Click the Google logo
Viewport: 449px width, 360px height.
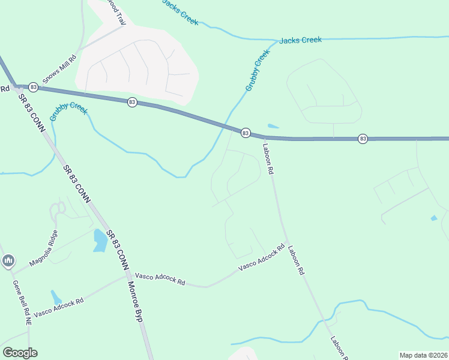click(20, 353)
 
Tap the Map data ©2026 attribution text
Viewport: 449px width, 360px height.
click(423, 355)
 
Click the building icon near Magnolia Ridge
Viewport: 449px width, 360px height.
click(8, 260)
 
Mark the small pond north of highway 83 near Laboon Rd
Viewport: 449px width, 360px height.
click(273, 126)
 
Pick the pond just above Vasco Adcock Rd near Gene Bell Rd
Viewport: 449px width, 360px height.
click(56, 297)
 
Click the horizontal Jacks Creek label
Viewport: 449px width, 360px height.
click(300, 40)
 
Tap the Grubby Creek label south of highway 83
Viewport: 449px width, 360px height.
click(68, 112)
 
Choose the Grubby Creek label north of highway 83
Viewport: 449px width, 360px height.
click(258, 71)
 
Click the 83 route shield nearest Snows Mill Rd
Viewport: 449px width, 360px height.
click(34, 87)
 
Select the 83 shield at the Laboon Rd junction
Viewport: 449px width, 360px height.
click(246, 133)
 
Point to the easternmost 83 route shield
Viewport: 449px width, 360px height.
click(363, 139)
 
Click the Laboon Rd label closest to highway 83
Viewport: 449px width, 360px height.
click(268, 157)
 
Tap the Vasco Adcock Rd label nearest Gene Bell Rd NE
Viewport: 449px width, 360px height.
click(58, 307)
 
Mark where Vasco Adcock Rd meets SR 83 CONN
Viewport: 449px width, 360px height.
click(126, 276)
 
